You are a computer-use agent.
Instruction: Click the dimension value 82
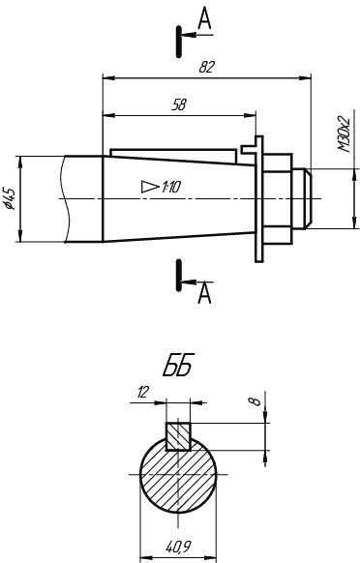pos(206,67)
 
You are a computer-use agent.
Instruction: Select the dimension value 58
pos(179,105)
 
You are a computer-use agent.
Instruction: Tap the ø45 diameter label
pos(10,198)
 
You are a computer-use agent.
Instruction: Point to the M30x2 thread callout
pos(345,133)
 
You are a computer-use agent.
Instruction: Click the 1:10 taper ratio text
pos(171,187)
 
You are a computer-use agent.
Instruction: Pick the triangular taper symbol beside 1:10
pos(150,187)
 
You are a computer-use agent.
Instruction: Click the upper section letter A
pos(204,18)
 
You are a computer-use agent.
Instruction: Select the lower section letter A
pos(204,293)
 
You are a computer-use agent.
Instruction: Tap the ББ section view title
pos(178,365)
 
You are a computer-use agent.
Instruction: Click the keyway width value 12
pos(142,393)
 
